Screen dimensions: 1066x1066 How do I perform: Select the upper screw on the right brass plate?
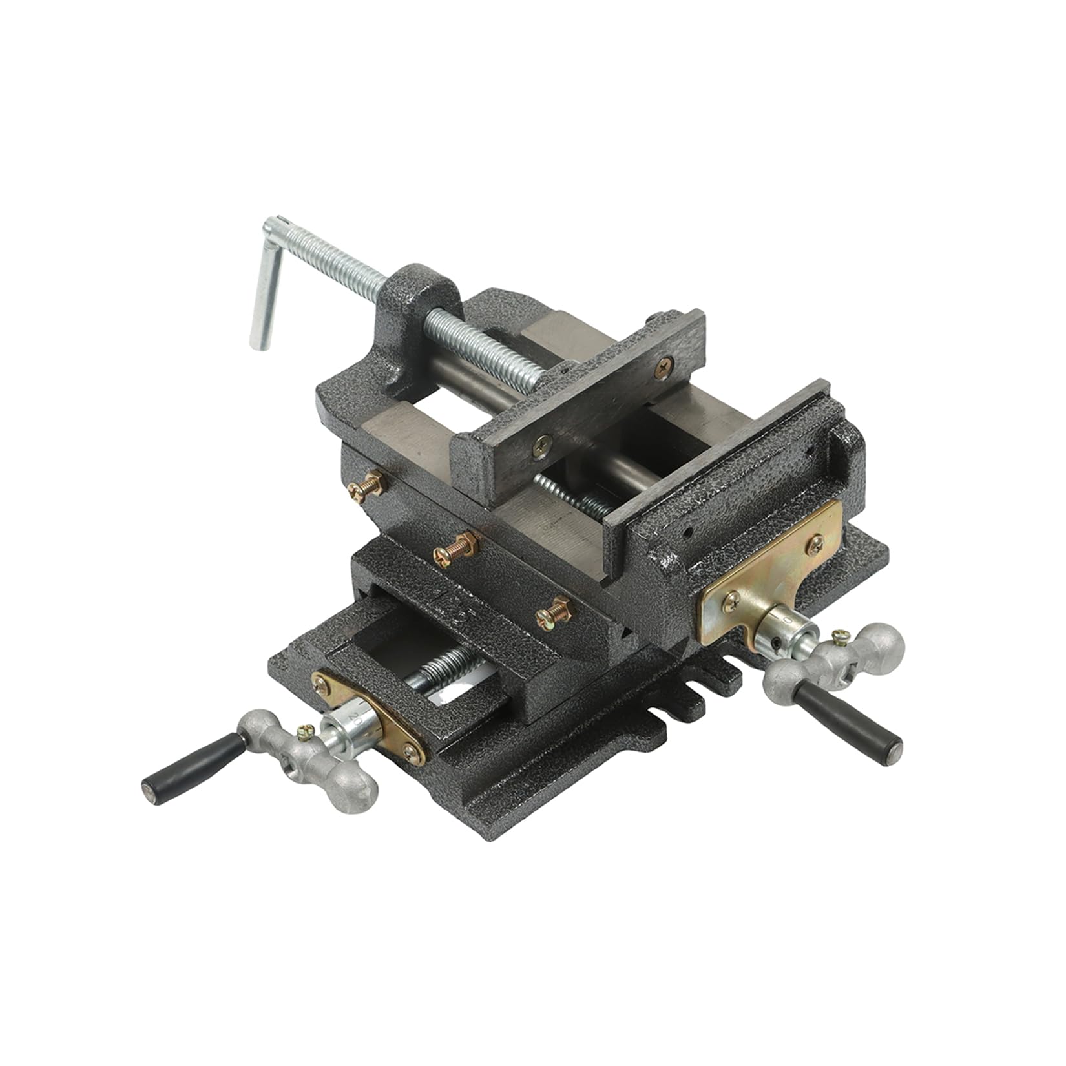click(815, 545)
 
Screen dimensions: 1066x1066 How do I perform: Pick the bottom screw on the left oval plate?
click(410, 751)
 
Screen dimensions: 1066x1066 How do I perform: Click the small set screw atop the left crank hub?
click(304, 731)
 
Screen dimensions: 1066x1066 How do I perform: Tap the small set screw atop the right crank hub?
click(841, 637)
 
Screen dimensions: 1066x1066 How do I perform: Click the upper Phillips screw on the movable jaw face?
click(664, 368)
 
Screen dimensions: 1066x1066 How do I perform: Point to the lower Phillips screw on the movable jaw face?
click(541, 445)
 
